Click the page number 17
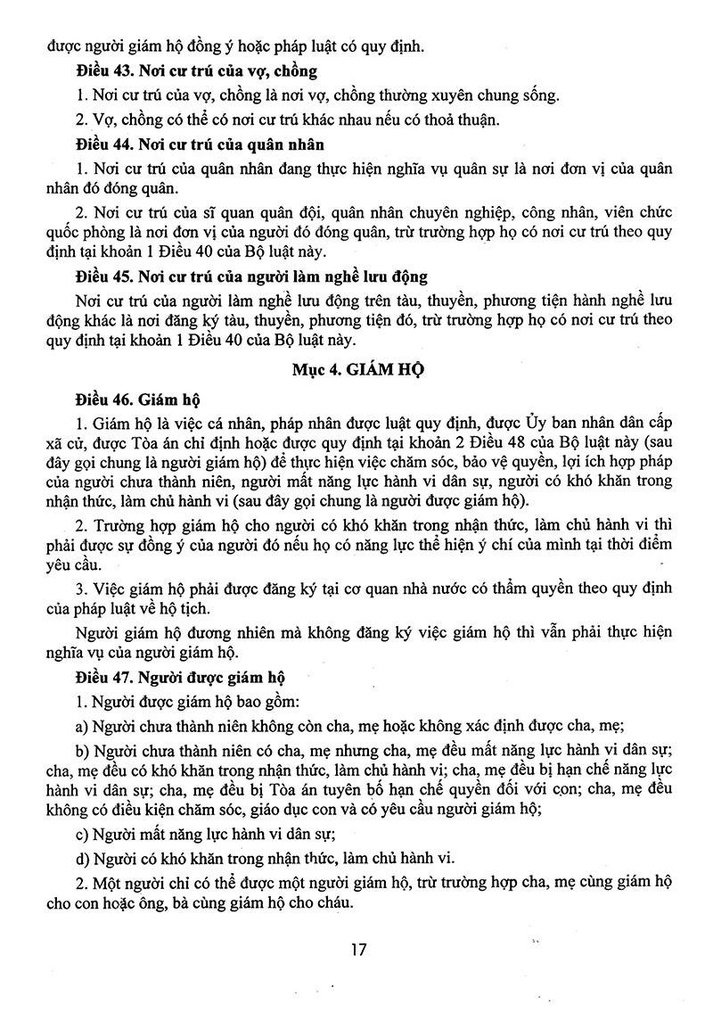click(357, 949)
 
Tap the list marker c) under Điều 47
click(82, 835)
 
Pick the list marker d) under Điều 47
click(82, 859)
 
